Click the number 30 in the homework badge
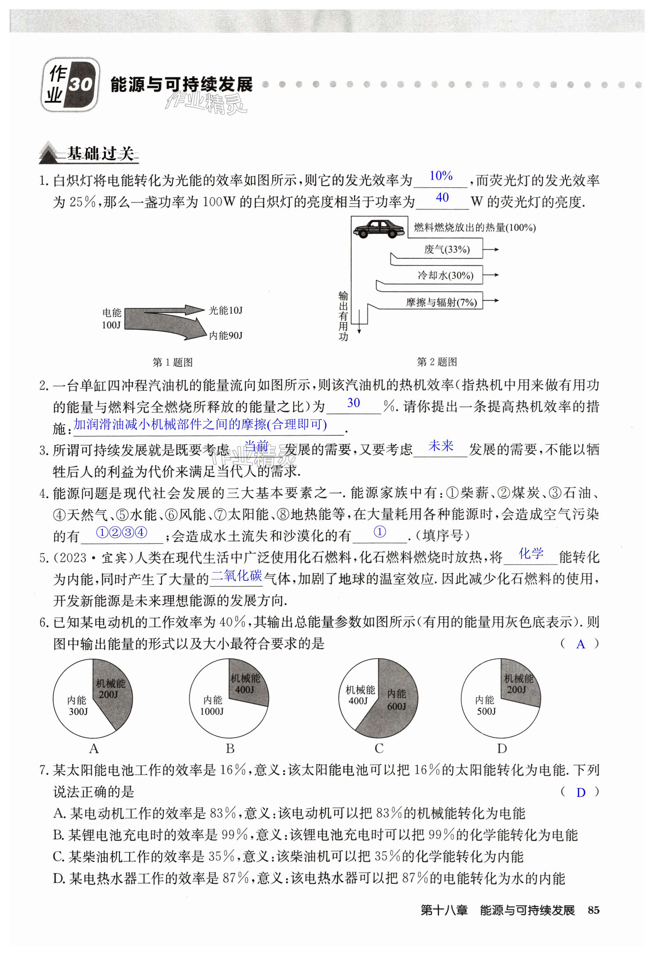(x=81, y=84)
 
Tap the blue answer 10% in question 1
(x=441, y=176)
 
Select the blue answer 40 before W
(x=442, y=198)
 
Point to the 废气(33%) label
(x=447, y=250)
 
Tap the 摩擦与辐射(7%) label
(x=441, y=302)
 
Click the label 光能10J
(x=225, y=310)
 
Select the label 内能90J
(x=226, y=336)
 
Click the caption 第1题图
(x=172, y=362)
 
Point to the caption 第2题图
(x=437, y=362)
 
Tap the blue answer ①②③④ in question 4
(x=121, y=533)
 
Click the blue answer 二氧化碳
(x=236, y=576)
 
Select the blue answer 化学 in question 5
(x=531, y=554)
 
